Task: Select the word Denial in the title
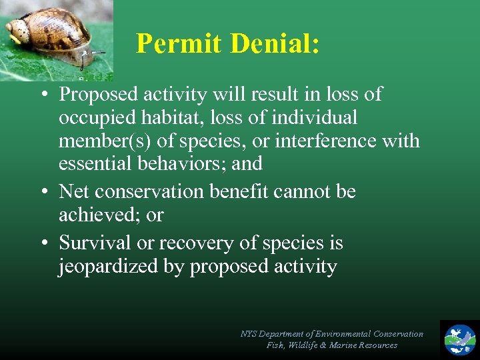275,44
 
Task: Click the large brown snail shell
53,30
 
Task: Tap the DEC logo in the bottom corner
460,339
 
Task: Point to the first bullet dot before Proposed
42,95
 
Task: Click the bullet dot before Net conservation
42,192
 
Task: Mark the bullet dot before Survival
42,243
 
